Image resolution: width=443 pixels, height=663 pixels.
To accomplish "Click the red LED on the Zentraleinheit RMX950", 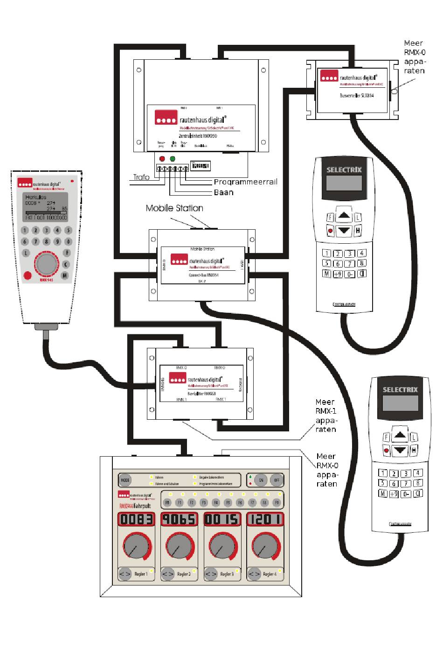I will point(162,159).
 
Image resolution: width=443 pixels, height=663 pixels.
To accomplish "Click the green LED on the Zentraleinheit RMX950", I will point(173,159).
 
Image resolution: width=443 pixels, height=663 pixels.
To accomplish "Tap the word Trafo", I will point(141,177).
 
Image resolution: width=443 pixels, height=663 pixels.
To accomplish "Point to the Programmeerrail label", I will point(245,182).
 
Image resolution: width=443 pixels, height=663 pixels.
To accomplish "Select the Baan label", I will point(224,192).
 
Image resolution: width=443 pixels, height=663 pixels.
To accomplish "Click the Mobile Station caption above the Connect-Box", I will point(174,208).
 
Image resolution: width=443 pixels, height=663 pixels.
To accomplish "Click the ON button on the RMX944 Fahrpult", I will point(261,480).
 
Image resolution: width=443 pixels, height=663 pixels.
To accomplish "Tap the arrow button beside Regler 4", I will point(254,574).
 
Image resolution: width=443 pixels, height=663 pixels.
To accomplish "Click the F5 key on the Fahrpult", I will point(228,503).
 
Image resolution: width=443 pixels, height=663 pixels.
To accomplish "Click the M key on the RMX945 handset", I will point(64,275).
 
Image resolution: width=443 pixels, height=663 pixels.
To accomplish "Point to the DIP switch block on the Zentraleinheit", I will point(201,166).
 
